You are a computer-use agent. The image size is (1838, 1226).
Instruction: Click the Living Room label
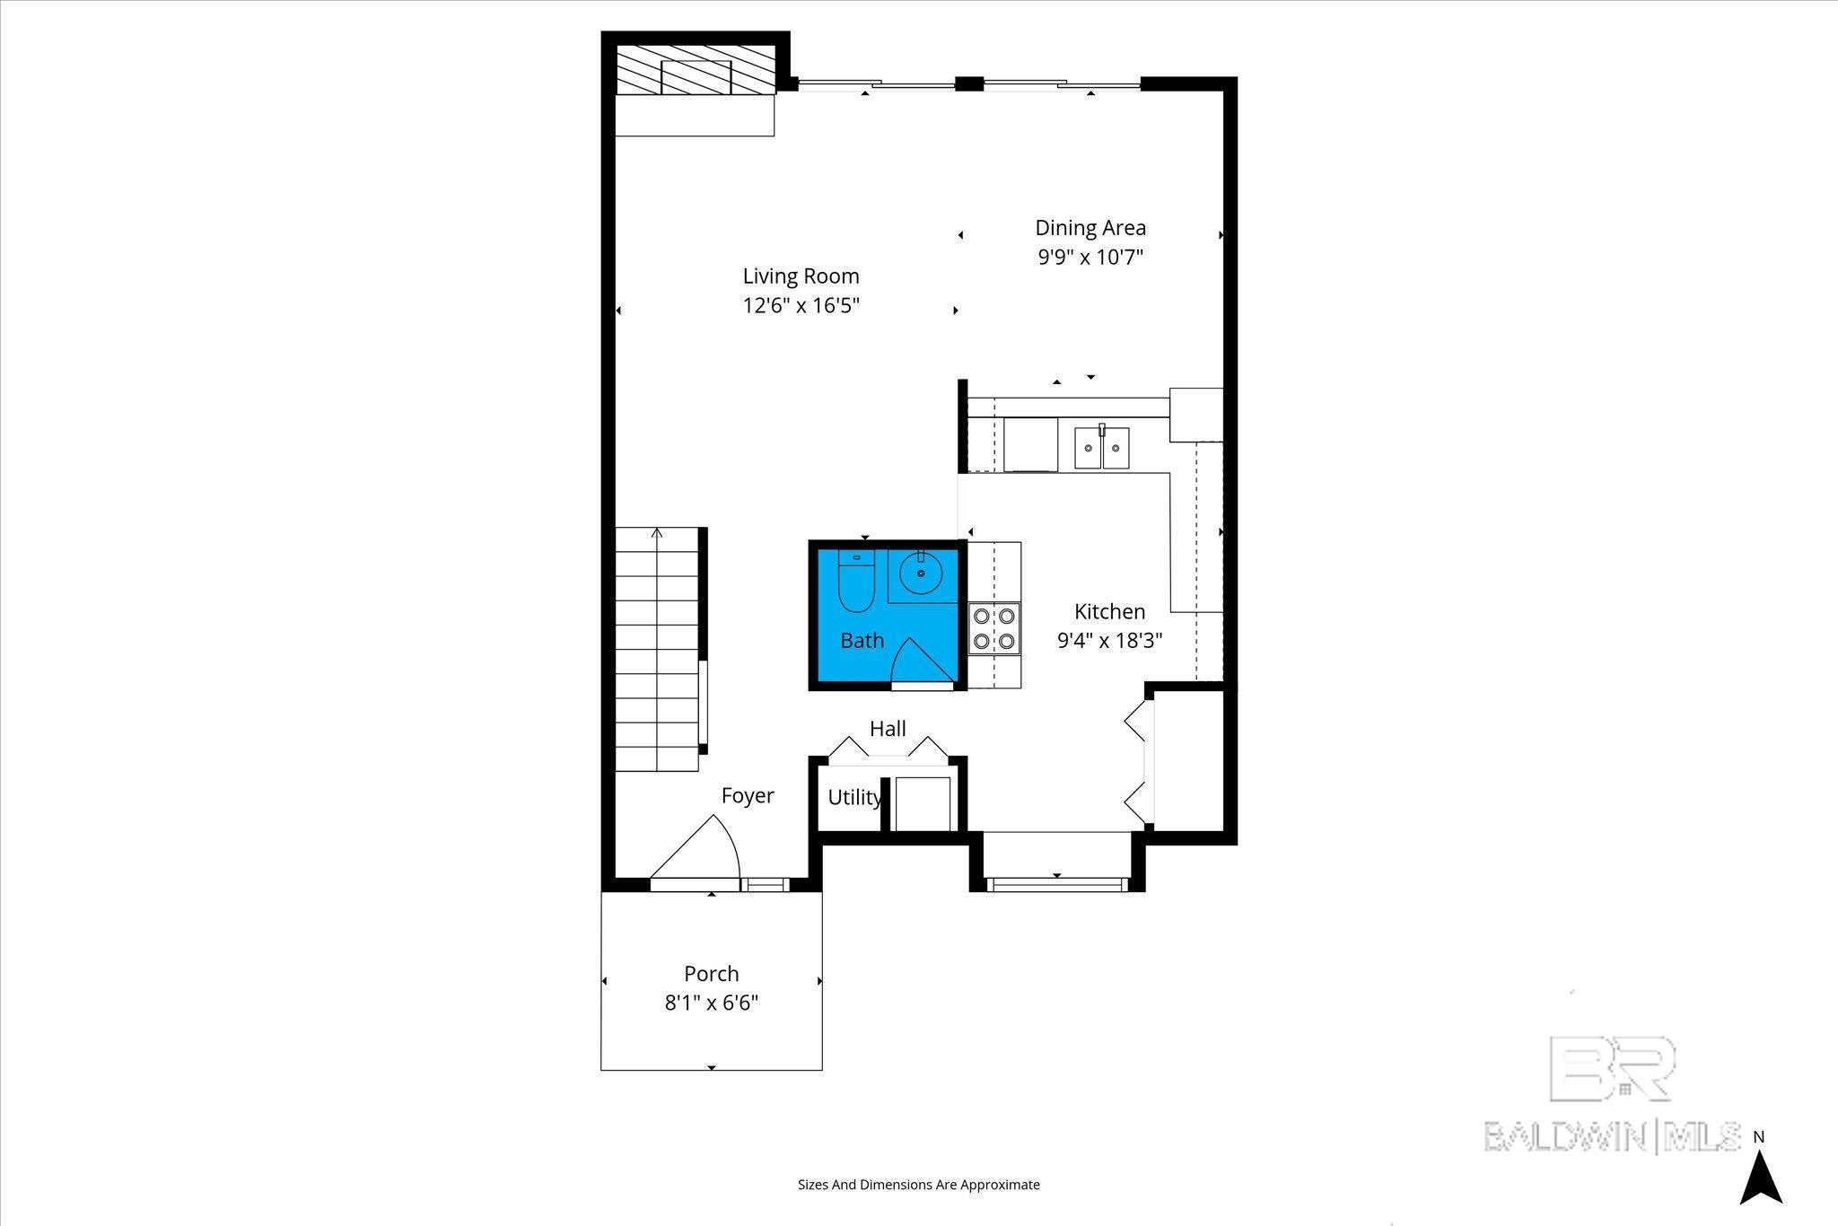(x=801, y=276)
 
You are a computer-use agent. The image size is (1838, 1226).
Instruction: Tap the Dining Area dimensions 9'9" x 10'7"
(x=1090, y=258)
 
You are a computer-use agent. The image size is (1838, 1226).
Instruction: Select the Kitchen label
(x=1110, y=611)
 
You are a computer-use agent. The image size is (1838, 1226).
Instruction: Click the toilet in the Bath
(x=855, y=582)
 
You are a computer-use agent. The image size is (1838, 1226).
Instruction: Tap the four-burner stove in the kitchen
(x=994, y=628)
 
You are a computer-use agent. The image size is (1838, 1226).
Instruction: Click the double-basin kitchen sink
(x=1102, y=447)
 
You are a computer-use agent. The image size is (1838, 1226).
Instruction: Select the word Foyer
(x=748, y=795)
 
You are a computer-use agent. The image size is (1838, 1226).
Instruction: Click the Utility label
(x=854, y=797)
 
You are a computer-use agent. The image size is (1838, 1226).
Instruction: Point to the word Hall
(x=888, y=729)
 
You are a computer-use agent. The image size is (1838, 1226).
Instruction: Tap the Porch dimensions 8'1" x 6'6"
(x=712, y=1003)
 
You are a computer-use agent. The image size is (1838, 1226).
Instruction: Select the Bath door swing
(x=923, y=659)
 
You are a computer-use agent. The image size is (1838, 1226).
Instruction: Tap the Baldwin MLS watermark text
(x=1612, y=1136)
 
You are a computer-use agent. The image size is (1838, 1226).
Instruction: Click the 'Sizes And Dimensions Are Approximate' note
(x=919, y=1185)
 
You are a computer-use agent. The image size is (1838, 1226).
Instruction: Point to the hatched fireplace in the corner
(x=696, y=70)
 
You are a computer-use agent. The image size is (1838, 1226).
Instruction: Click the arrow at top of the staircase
(x=657, y=533)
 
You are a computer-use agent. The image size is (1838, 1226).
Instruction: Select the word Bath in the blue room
(x=862, y=640)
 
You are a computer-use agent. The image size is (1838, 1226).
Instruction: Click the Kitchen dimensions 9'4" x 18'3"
(x=1110, y=641)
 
